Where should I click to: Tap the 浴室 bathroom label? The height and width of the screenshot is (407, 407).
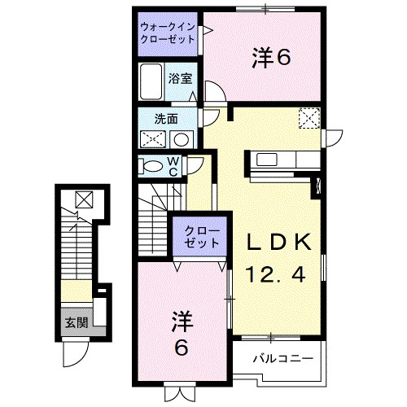click(180, 79)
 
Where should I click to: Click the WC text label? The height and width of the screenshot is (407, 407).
click(173, 166)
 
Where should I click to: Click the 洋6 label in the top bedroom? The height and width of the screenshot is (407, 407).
click(270, 57)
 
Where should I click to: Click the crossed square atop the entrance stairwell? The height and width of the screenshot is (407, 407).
click(85, 198)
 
